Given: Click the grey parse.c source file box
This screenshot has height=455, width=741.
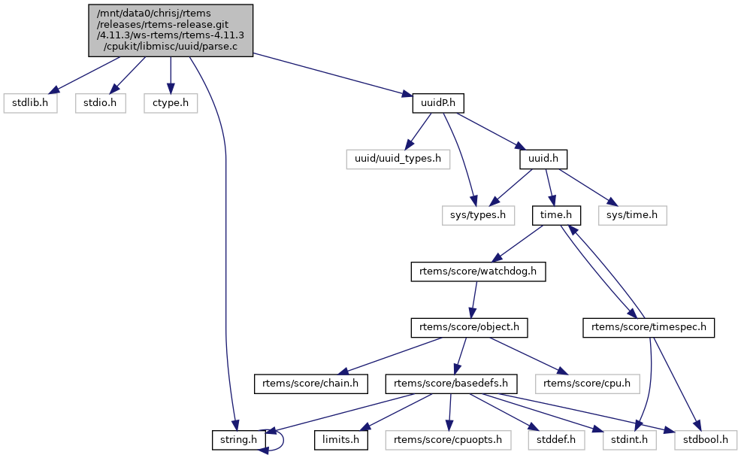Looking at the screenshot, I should pyautogui.click(x=171, y=30).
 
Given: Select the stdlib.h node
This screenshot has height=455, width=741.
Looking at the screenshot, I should pyautogui.click(x=31, y=102).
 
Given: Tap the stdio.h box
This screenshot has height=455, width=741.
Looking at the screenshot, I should pyautogui.click(x=100, y=102).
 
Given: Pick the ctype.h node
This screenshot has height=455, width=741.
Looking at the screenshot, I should pyautogui.click(x=171, y=102).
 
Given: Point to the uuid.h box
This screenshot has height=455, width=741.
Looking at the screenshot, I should pyautogui.click(x=543, y=159).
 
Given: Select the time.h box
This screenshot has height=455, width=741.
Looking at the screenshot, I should pyautogui.click(x=557, y=216).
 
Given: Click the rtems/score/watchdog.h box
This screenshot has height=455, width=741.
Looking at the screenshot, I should pyautogui.click(x=478, y=271).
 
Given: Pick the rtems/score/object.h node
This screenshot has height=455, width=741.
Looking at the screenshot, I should pyautogui.click(x=470, y=328).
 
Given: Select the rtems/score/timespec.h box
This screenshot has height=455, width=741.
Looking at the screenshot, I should pyautogui.click(x=649, y=328).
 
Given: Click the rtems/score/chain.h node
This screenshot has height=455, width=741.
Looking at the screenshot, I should pyautogui.click(x=310, y=384).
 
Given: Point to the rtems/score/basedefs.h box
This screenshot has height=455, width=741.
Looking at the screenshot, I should pyautogui.click(x=452, y=384).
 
